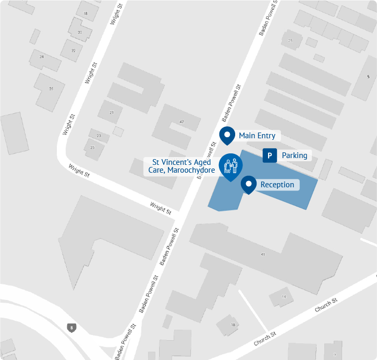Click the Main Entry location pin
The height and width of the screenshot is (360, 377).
(x=227, y=135)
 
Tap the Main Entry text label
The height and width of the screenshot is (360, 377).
(x=257, y=136)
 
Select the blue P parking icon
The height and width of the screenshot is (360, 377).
(x=270, y=155)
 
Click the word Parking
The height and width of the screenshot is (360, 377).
(x=294, y=155)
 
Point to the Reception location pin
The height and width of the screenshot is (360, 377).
(x=249, y=184)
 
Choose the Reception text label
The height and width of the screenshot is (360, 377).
(x=277, y=185)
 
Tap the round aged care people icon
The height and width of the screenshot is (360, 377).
(x=230, y=166)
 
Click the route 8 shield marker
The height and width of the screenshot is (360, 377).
(x=71, y=328)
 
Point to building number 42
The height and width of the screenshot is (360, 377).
(x=181, y=122)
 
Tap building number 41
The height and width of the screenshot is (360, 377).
(x=263, y=254)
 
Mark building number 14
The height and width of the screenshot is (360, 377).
(x=284, y=297)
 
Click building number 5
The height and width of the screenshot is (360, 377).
(x=368, y=77)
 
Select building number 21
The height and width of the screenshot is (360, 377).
(x=111, y=113)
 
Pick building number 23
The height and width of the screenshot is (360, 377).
(x=99, y=136)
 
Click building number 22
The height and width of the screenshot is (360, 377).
(x=73, y=51)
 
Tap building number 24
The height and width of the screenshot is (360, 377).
(x=42, y=56)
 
